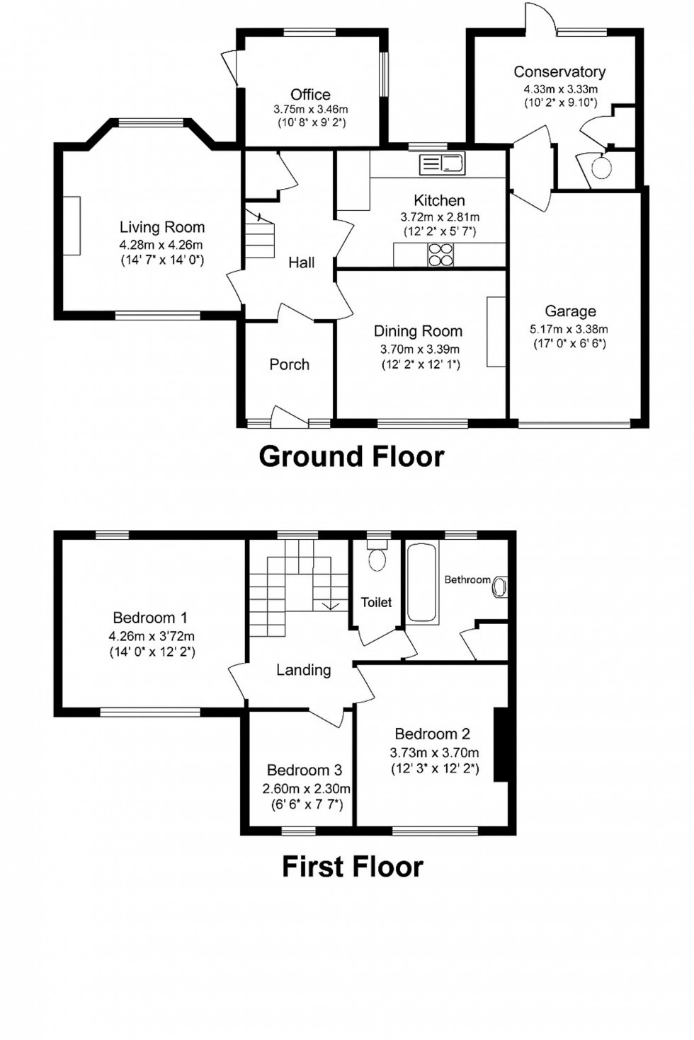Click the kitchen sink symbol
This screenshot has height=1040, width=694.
pyautogui.click(x=442, y=164)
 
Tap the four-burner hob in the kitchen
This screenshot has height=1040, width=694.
pyautogui.click(x=440, y=255)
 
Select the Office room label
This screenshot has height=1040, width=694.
pyautogui.click(x=310, y=94)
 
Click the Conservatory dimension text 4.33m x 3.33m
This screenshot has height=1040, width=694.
pyautogui.click(x=560, y=89)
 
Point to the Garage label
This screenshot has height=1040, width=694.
pyautogui.click(x=570, y=311)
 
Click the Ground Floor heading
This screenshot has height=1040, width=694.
pyautogui.click(x=351, y=456)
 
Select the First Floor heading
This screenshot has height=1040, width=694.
pyautogui.click(x=352, y=867)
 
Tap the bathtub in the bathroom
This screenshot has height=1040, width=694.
pyautogui.click(x=422, y=583)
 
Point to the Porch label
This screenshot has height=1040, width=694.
pyautogui.click(x=289, y=364)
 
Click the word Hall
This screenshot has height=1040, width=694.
pyautogui.click(x=301, y=262)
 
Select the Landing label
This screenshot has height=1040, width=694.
pyautogui.click(x=303, y=670)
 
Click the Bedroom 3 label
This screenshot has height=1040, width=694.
pyautogui.click(x=305, y=770)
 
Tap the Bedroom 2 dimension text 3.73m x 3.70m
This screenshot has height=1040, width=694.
pyautogui.click(x=434, y=753)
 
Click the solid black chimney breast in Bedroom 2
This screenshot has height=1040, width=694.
pyautogui.click(x=501, y=744)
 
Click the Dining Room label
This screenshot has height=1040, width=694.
pyautogui.click(x=418, y=331)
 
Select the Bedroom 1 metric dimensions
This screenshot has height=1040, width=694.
pyautogui.click(x=152, y=636)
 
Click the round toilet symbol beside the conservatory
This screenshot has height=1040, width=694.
pyautogui.click(x=601, y=168)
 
